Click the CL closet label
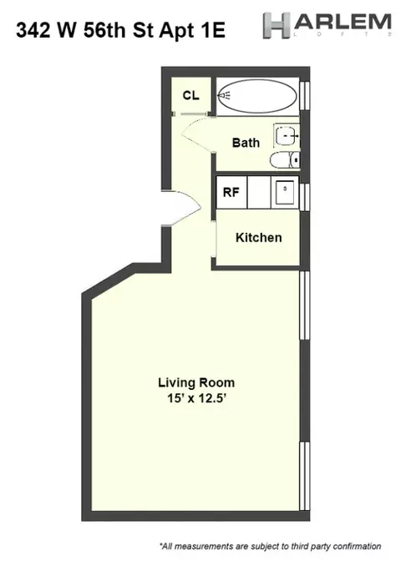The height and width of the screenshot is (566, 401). click(190, 95)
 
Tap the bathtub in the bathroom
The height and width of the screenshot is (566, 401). click(259, 96)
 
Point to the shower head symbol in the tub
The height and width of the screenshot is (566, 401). click(226, 96)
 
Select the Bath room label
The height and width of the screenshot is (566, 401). click(246, 143)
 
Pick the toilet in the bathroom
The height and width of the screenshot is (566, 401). click(286, 159)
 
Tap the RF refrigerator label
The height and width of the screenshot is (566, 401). click(231, 192)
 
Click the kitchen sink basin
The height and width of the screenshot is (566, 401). click(286, 190)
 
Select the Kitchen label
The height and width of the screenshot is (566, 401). click(258, 237)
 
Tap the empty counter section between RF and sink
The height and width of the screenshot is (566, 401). click(257, 191)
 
